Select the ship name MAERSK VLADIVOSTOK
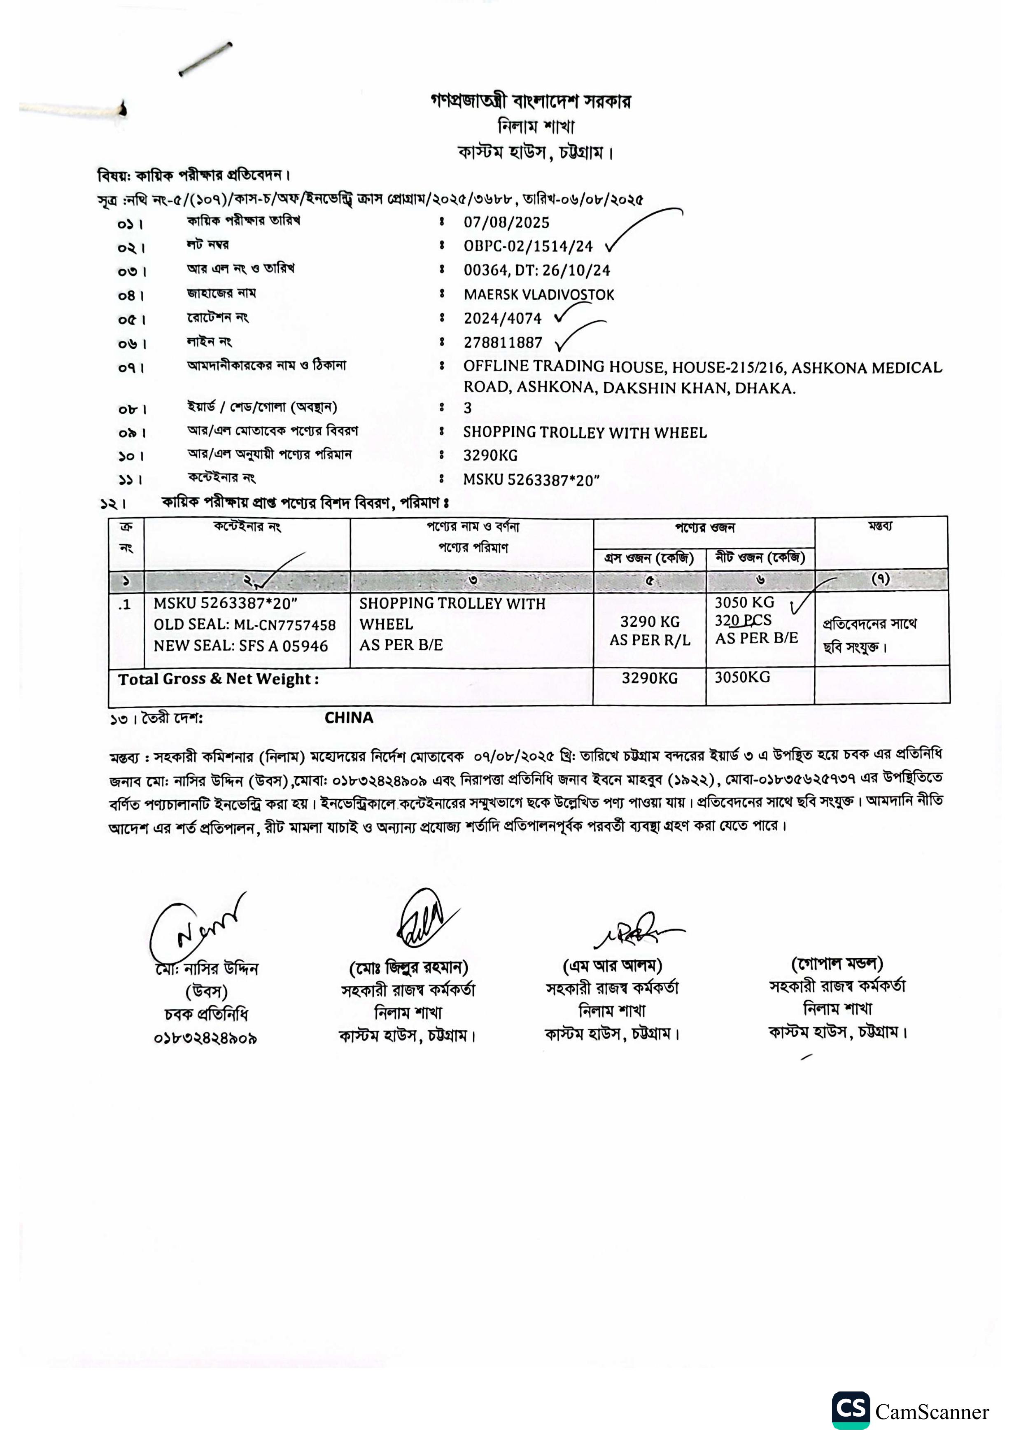pyautogui.click(x=538, y=294)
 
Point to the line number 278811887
pyautogui.click(x=503, y=342)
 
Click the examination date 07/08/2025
pyautogui.click(x=506, y=222)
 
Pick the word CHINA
pyautogui.click(x=349, y=717)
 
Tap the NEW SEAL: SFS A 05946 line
pyautogui.click(x=241, y=646)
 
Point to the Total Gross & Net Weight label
pyautogui.click(x=218, y=679)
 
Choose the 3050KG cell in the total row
pyautogui.click(x=742, y=677)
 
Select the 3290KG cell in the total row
pyautogui.click(x=649, y=678)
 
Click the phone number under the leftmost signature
pyautogui.click(x=206, y=1038)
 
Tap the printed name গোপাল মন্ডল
pyautogui.click(x=837, y=964)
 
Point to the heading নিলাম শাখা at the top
pyautogui.click(x=536, y=126)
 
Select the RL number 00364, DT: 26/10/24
pyautogui.click(x=536, y=271)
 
